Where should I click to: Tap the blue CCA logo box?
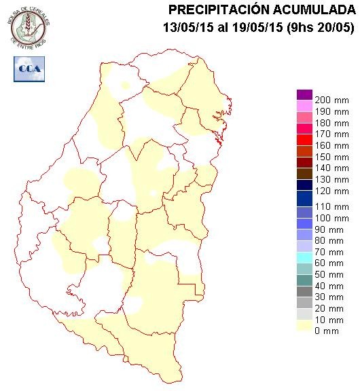[x=29, y=69]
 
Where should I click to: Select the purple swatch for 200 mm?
[x=304, y=95]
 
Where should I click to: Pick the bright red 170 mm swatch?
[x=304, y=129]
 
